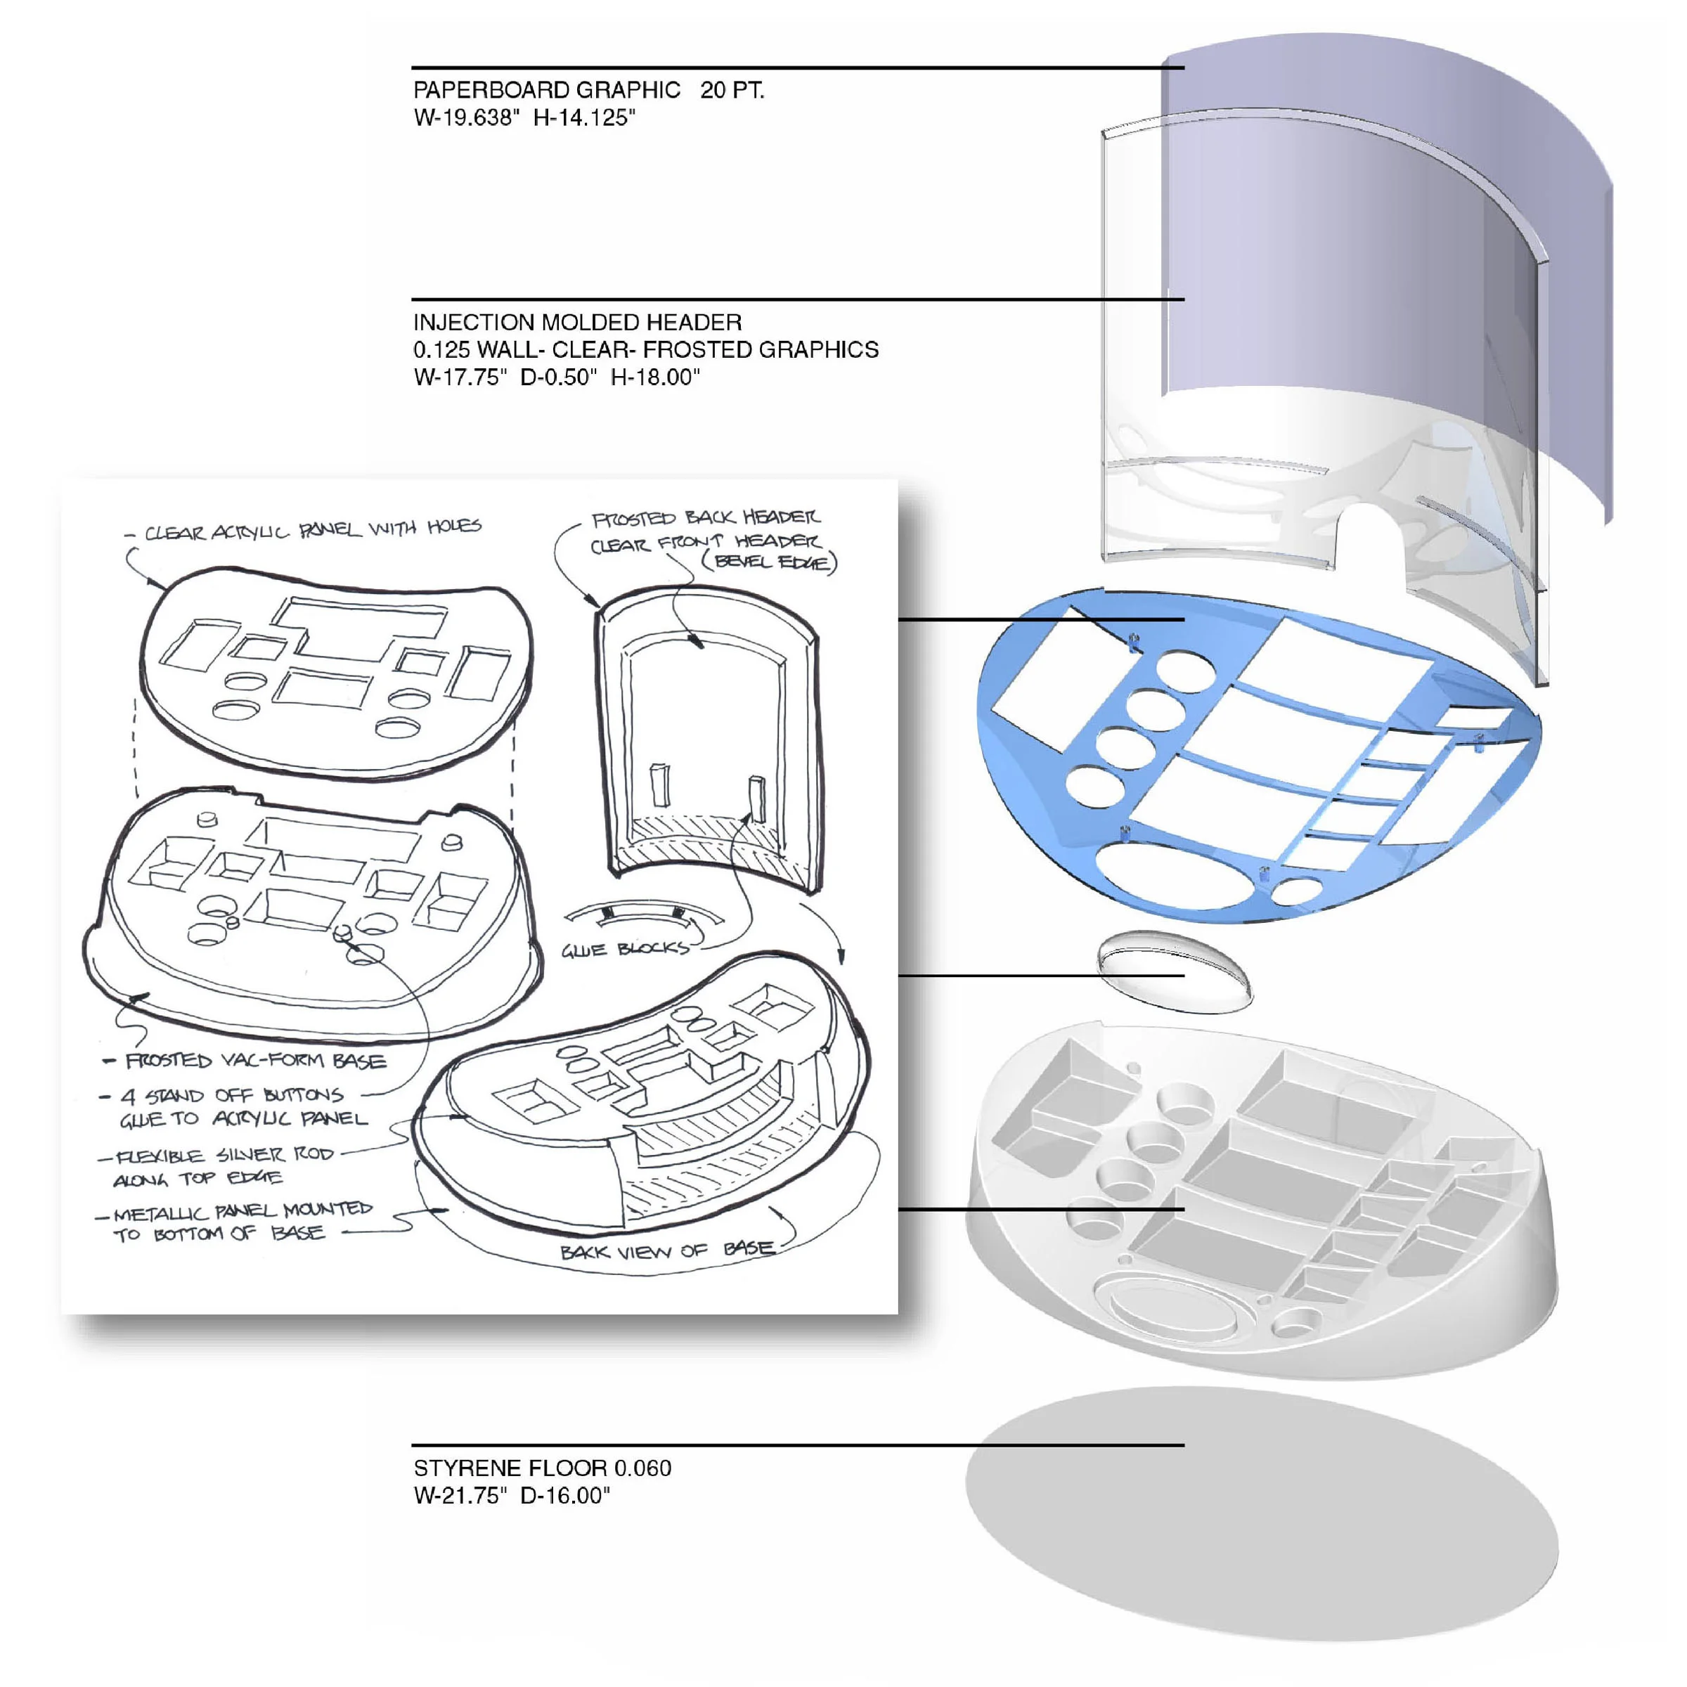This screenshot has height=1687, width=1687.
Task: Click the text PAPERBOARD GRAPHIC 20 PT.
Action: coord(588,90)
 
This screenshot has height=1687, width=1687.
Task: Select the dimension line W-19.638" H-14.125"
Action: coord(525,118)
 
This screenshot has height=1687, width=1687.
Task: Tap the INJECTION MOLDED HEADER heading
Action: coord(577,322)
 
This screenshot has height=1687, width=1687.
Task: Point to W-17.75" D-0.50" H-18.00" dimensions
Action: coord(556,377)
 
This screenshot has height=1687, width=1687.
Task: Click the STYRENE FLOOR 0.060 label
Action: coord(542,1468)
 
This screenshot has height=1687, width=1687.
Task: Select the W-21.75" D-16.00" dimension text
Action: coord(512,1496)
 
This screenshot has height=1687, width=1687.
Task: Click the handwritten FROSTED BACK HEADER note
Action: coord(706,519)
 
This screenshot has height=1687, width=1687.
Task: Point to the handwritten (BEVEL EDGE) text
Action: coord(769,562)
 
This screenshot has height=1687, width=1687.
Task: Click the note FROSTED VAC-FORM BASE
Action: coord(255,1061)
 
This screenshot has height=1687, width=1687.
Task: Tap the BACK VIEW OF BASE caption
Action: coord(668,1250)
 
